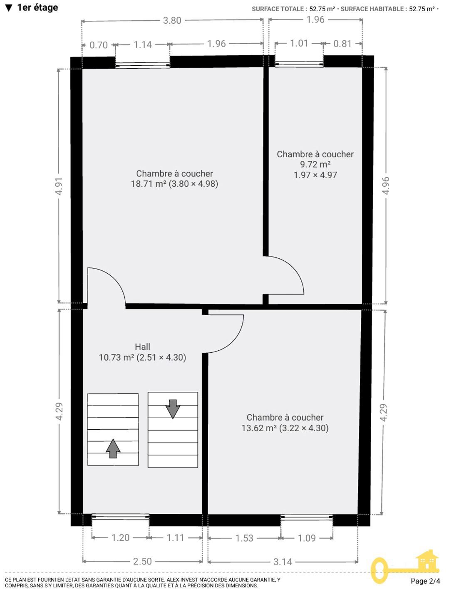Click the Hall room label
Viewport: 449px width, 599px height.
click(x=142, y=347)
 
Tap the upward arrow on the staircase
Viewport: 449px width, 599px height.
click(x=113, y=448)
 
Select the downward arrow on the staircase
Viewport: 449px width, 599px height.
click(x=173, y=409)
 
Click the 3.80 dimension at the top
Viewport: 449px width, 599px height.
click(x=172, y=20)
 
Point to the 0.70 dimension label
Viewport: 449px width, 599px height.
click(x=99, y=45)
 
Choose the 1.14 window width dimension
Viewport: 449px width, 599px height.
click(x=142, y=45)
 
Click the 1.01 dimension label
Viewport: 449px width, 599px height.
click(x=299, y=43)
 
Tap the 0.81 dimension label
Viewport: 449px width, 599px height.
click(x=342, y=44)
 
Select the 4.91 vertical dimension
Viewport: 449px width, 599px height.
click(x=59, y=186)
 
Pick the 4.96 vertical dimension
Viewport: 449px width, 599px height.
click(x=386, y=186)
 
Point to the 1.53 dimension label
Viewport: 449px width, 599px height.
click(x=244, y=538)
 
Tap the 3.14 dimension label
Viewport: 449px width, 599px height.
click(x=283, y=562)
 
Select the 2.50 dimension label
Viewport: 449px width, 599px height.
click(x=142, y=561)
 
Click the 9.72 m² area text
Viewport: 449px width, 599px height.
click(x=315, y=165)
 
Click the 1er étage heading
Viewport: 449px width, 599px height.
click(x=38, y=7)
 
